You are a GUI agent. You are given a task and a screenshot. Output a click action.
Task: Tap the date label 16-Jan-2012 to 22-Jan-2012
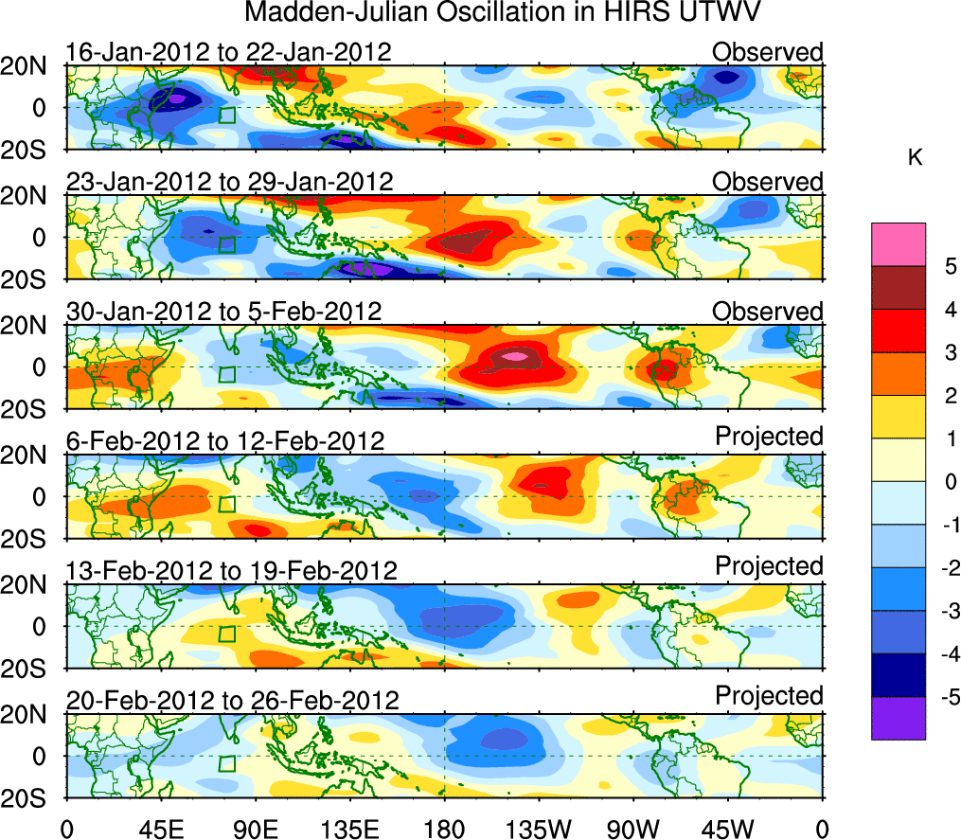pyautogui.click(x=228, y=51)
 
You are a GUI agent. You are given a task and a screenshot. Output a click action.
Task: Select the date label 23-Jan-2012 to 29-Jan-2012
pyautogui.click(x=228, y=181)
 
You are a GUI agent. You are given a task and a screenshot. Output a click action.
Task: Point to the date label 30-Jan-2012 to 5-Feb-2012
pyautogui.click(x=223, y=311)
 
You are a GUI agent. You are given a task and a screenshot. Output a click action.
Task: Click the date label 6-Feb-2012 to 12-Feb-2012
pyautogui.click(x=225, y=440)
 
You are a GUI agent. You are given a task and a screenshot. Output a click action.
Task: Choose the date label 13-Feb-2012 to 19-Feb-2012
pyautogui.click(x=231, y=570)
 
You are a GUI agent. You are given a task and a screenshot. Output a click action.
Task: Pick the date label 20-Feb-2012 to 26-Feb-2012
pyautogui.click(x=232, y=700)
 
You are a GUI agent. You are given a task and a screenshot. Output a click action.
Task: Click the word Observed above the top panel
pyautogui.click(x=767, y=51)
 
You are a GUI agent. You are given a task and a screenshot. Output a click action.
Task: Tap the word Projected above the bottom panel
pyautogui.click(x=769, y=695)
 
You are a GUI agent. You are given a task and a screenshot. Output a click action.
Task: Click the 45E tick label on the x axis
pyautogui.click(x=160, y=829)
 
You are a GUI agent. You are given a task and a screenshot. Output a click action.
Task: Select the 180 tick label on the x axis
pyautogui.click(x=444, y=829)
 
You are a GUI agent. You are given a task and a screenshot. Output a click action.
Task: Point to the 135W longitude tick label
pyautogui.click(x=539, y=829)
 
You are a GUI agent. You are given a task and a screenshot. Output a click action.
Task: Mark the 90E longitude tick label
pyautogui.click(x=255, y=829)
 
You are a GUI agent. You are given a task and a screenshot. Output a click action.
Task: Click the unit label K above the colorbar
pyautogui.click(x=915, y=158)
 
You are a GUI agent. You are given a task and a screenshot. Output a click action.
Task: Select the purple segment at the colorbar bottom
pyautogui.click(x=898, y=718)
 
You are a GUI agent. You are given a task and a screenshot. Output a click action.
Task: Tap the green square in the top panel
pyautogui.click(x=226, y=116)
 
